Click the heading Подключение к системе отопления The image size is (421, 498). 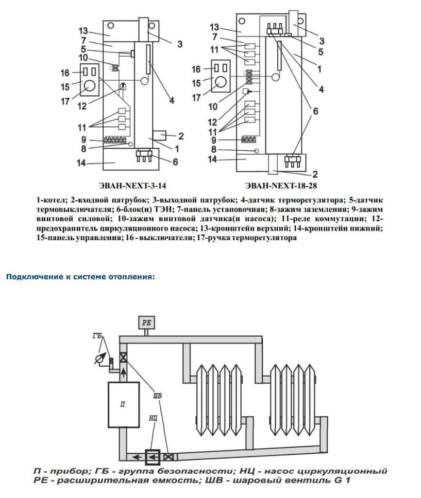pos(80,277)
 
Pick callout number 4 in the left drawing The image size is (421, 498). pos(171,101)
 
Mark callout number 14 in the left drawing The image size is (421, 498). pos(82,163)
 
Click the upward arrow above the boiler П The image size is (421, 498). pos(123,373)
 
